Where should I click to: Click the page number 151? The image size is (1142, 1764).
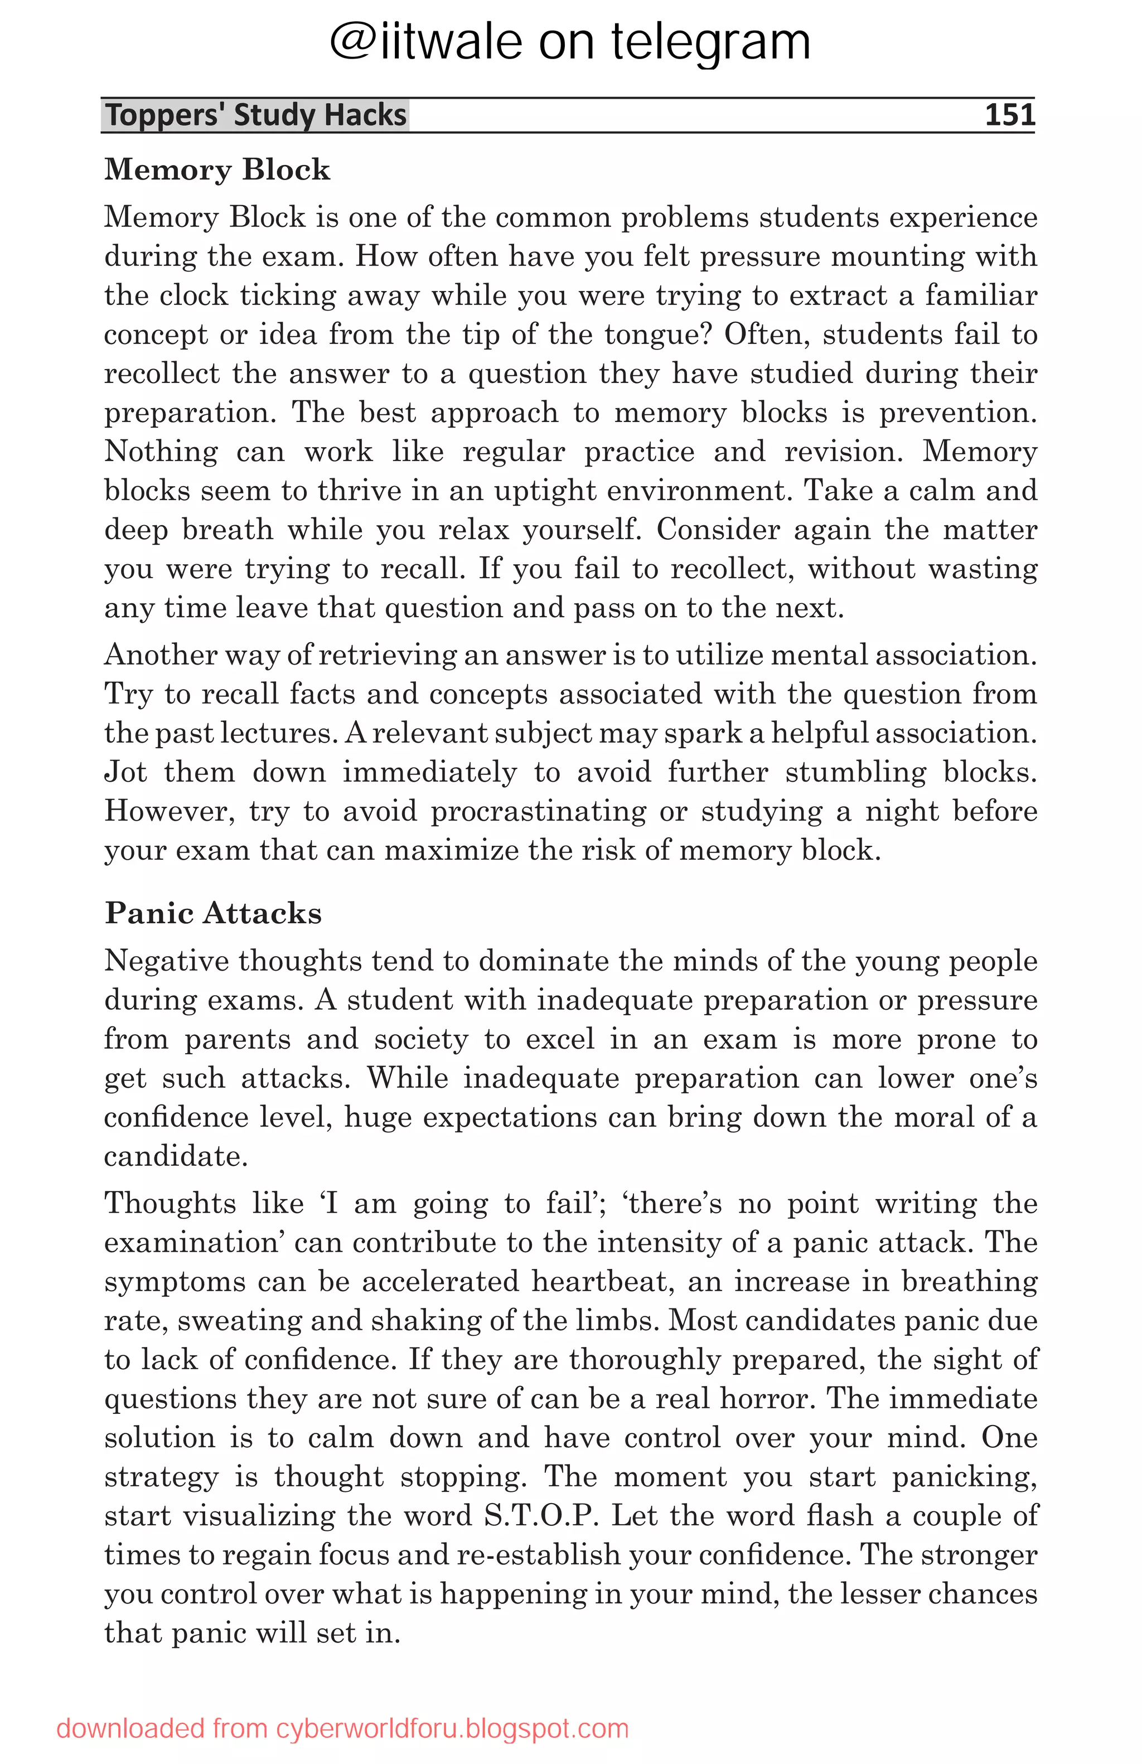pos(1009,115)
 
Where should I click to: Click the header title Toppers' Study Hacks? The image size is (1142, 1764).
pos(256,115)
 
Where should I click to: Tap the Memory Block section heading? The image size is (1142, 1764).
pos(216,169)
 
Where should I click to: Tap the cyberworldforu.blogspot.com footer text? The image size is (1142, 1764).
pos(342,1728)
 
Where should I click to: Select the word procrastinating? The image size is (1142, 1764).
pos(538,811)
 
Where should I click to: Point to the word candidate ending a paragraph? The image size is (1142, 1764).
pos(175,1156)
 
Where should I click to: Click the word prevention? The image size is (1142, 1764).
pos(957,413)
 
